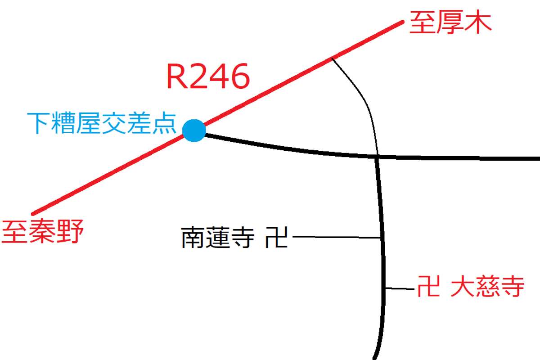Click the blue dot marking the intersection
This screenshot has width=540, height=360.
[x=194, y=130]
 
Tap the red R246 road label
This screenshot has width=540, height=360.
[x=208, y=76]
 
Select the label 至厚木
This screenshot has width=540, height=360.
[x=450, y=22]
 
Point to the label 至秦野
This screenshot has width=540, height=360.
[x=42, y=231]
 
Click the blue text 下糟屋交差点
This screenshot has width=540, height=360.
[x=102, y=123]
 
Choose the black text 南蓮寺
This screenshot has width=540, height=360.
[x=218, y=238]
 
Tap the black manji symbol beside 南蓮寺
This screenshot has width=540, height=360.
[x=276, y=237]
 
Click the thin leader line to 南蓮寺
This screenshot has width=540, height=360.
[x=337, y=237]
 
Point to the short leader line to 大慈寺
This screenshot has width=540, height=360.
[x=400, y=288]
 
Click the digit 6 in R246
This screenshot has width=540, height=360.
[x=239, y=76]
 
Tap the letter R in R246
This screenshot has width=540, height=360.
[x=176, y=76]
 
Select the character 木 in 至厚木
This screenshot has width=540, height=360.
[x=478, y=22]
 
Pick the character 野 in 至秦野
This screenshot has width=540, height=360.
[x=70, y=231]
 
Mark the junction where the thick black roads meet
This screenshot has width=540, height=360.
[x=378, y=157]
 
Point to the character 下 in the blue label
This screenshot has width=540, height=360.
[x=39, y=123]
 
